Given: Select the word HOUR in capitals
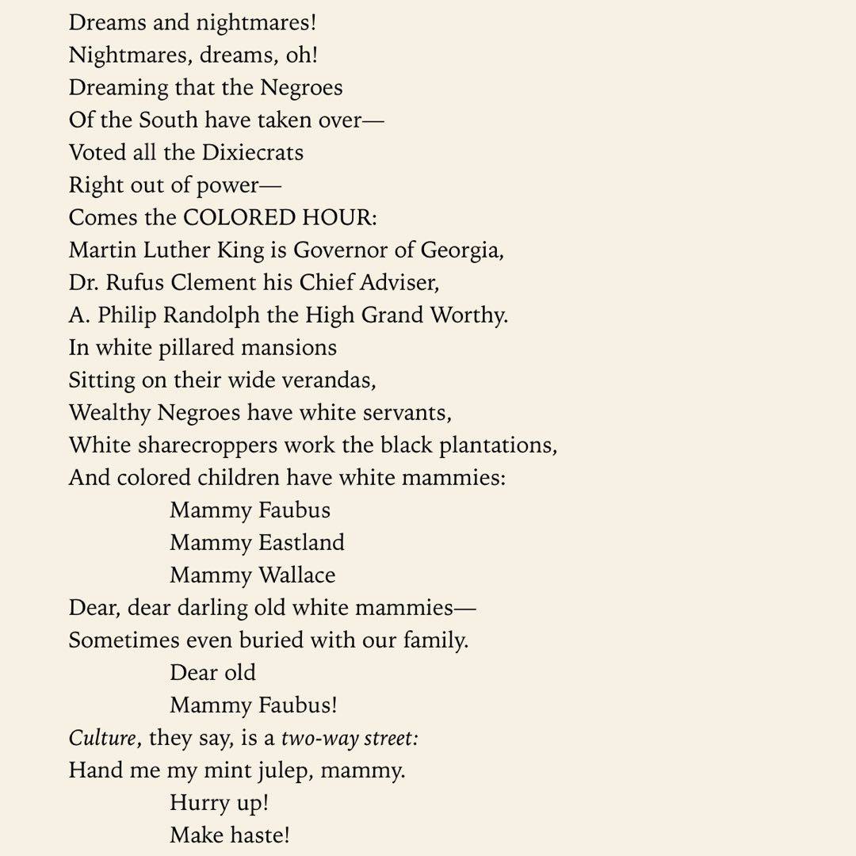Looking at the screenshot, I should tap(344, 217).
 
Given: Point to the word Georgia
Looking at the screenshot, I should tap(461, 250).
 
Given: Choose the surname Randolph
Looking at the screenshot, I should tap(210, 315).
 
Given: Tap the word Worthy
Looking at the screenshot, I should tap(468, 315).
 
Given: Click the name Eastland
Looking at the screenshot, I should tap(301, 543).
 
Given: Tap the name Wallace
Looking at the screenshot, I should tap(296, 575).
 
